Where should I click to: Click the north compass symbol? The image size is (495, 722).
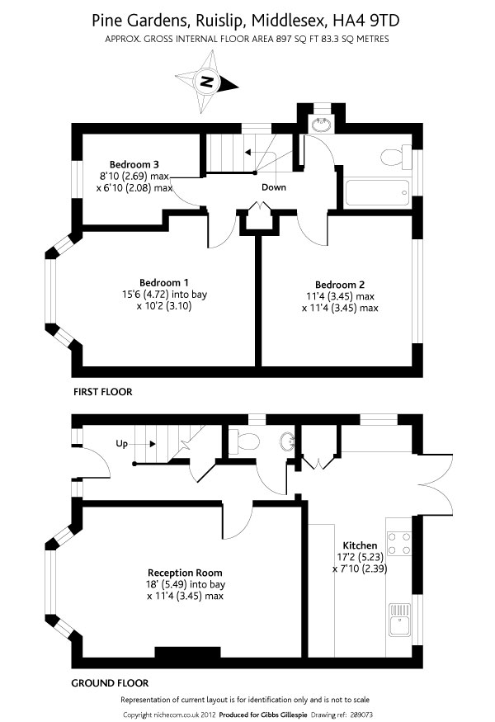206,83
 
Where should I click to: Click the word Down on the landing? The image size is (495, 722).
274,187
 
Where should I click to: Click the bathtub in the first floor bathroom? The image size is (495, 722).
377,192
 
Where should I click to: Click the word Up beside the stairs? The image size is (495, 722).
121,444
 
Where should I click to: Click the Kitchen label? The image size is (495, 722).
361,545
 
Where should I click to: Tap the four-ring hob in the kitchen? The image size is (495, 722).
399,542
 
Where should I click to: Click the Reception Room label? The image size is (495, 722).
185,572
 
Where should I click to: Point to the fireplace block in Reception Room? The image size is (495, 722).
183,654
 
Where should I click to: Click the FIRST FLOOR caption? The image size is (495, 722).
102,391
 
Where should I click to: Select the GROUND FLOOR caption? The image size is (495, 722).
110,682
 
